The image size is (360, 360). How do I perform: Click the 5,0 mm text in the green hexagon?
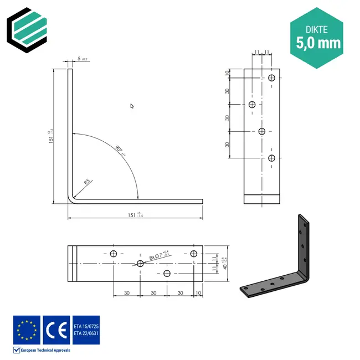coord(318,42)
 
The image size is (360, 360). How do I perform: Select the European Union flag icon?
coord(27,329)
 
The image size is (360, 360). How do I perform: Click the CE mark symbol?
coord(56,329)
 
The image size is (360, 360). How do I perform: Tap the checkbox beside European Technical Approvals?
coord(17,350)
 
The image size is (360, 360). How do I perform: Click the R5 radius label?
coord(88,182)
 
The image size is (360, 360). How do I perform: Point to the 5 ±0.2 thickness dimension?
coord(83,58)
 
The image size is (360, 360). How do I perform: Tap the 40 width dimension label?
coord(224,263)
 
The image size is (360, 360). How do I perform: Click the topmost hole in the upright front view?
coord(271,78)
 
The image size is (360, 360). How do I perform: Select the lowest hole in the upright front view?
coord(271,158)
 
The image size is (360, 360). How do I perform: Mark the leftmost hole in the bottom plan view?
coord(114,254)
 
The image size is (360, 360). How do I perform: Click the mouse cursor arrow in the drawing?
coord(132,106)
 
